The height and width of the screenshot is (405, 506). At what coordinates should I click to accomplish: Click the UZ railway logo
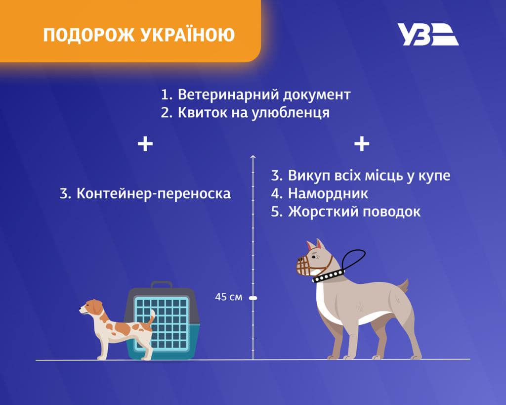click(428, 34)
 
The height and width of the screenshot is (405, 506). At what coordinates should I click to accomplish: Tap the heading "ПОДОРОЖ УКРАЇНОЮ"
click(139, 35)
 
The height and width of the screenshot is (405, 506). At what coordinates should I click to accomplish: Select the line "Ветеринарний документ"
click(256, 94)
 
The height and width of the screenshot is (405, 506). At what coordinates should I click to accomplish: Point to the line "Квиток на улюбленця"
click(245, 112)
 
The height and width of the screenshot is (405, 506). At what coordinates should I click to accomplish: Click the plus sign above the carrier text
click(145, 144)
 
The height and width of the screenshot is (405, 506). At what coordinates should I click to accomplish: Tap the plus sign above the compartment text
click(362, 144)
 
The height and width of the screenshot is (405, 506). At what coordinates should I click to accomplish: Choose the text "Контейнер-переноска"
click(145, 193)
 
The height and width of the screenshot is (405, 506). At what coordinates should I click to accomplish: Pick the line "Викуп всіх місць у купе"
click(361, 176)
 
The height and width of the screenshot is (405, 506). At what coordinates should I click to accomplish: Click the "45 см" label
click(229, 298)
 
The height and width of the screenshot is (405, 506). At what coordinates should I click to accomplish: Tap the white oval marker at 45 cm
click(253, 298)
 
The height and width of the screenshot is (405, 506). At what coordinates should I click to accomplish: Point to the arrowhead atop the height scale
click(253, 157)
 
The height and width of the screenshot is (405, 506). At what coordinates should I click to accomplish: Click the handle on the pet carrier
click(161, 285)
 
